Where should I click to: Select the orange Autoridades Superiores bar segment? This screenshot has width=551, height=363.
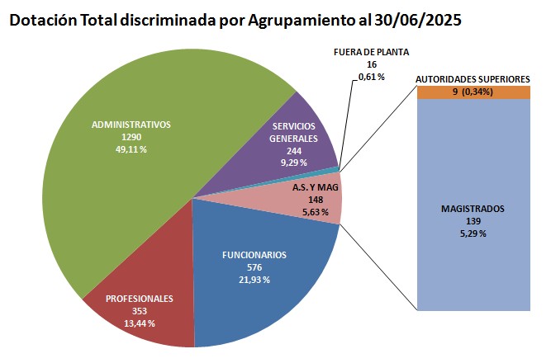tap(473, 92)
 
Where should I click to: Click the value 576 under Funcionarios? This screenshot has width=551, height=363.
tap(254, 267)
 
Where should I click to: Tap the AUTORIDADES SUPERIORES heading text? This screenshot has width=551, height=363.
tap(473, 79)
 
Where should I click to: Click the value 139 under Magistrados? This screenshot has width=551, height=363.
tap(473, 222)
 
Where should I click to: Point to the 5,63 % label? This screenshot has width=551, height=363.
tap(316, 211)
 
